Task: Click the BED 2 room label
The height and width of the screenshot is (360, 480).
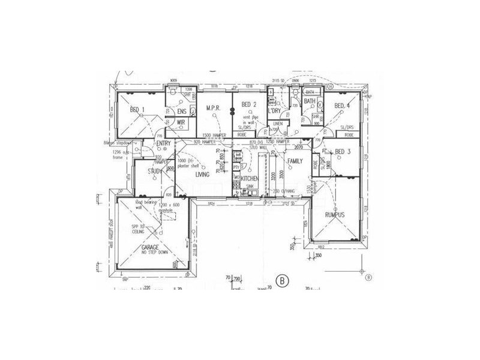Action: click(x=248, y=105)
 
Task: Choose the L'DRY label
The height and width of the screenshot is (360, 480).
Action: click(x=276, y=112)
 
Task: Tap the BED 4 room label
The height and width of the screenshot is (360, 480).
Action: click(x=341, y=106)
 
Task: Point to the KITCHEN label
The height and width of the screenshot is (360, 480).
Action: click(x=250, y=179)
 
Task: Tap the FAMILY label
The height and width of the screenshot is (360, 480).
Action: click(x=295, y=161)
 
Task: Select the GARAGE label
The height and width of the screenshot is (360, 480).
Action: click(x=151, y=247)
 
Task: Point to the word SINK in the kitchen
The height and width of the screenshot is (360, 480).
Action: click(x=250, y=187)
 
